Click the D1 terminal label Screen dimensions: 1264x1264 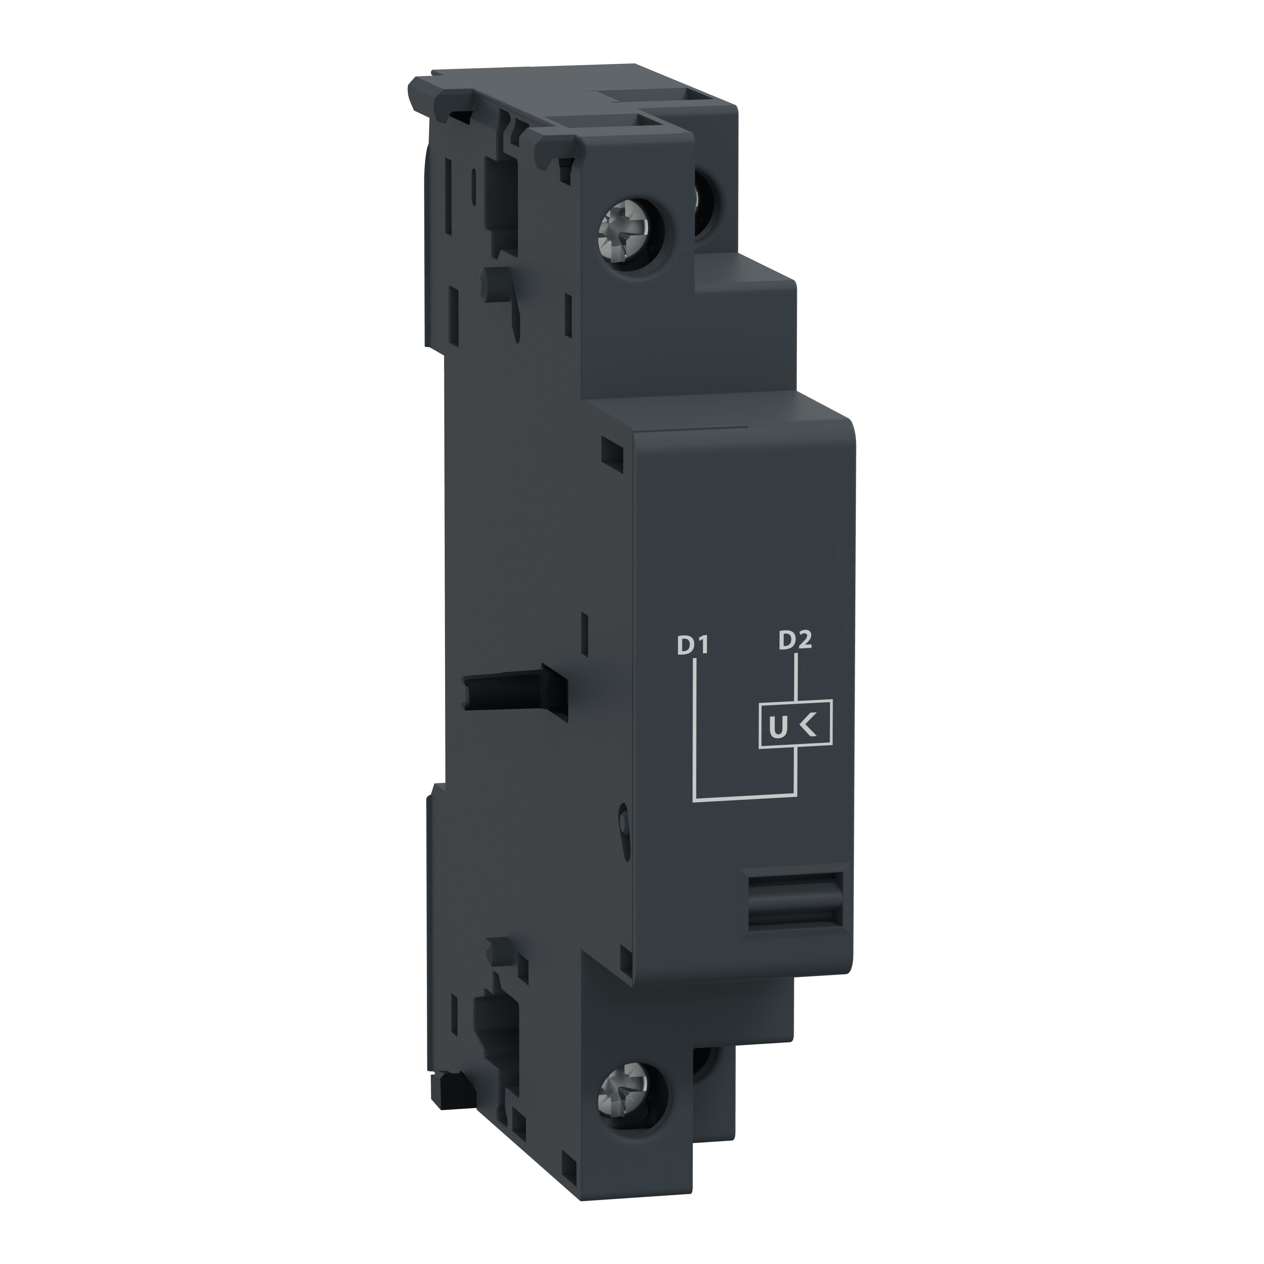tap(693, 646)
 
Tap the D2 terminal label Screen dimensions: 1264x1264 tap(795, 640)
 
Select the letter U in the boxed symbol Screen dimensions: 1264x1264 tap(777, 727)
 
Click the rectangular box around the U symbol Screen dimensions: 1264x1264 tap(795, 725)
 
